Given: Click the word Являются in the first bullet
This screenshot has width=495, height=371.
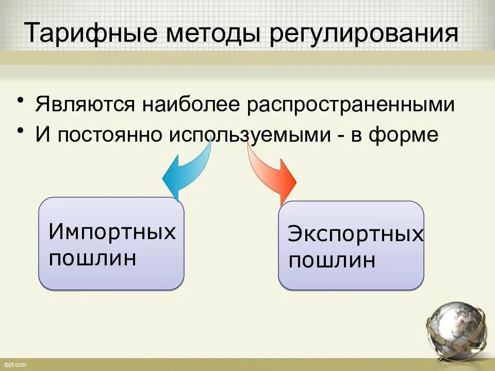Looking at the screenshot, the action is pos(86,106).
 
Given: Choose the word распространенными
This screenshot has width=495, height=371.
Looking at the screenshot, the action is pos(351,106).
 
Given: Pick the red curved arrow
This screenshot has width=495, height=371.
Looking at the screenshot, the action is pos(271,170).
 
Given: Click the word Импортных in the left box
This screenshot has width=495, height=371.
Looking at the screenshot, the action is pos(112,232).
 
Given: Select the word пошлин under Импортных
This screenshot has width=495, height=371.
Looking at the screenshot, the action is pos(93,258).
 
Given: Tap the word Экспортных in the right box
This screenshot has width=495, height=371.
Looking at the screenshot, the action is pos(356,234).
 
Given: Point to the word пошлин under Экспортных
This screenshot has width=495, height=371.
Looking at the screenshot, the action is pos(332,261).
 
